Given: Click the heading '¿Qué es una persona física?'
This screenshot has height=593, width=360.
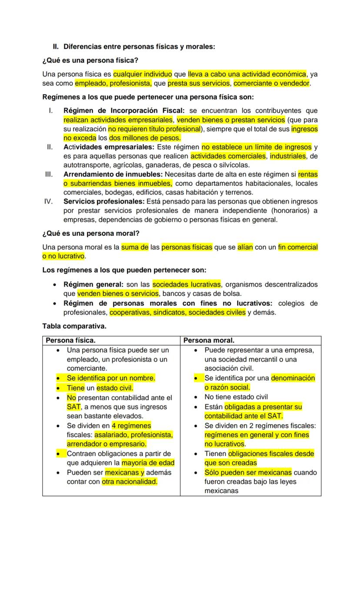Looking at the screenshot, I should pyautogui.click(x=90, y=60).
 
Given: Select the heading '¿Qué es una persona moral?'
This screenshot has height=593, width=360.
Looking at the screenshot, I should pyautogui.click(x=91, y=234).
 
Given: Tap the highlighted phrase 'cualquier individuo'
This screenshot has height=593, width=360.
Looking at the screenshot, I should pyautogui.click(x=143, y=74).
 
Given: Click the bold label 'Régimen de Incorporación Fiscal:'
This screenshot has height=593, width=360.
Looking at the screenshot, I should pyautogui.click(x=124, y=111).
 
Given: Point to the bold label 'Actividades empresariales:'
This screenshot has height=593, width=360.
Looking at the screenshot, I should pyautogui.click(x=109, y=147).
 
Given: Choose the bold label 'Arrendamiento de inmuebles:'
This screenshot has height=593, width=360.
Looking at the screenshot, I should pyautogui.click(x=113, y=174).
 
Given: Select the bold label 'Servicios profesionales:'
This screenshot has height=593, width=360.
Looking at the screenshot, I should pyautogui.click(x=104, y=201).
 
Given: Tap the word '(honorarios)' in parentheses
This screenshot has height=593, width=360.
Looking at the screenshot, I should pyautogui.click(x=291, y=211).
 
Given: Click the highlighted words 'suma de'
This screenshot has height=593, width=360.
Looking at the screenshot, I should pyautogui.click(x=135, y=247).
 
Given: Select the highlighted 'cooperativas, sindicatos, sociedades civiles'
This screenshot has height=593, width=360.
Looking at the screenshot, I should pyautogui.click(x=177, y=312).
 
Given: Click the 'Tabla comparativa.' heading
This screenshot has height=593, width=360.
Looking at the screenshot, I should pyautogui.click(x=74, y=326).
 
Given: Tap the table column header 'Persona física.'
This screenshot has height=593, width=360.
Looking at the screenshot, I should pyautogui.click(x=70, y=340).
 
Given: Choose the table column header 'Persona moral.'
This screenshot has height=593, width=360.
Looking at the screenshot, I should pyautogui.click(x=209, y=340).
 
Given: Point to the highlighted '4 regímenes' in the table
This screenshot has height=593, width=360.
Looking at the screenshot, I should pyautogui.click(x=131, y=425).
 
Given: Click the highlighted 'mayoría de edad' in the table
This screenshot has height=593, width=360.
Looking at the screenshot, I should pyautogui.click(x=148, y=463).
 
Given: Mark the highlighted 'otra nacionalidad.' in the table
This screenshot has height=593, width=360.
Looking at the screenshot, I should pyautogui.click(x=130, y=482).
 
